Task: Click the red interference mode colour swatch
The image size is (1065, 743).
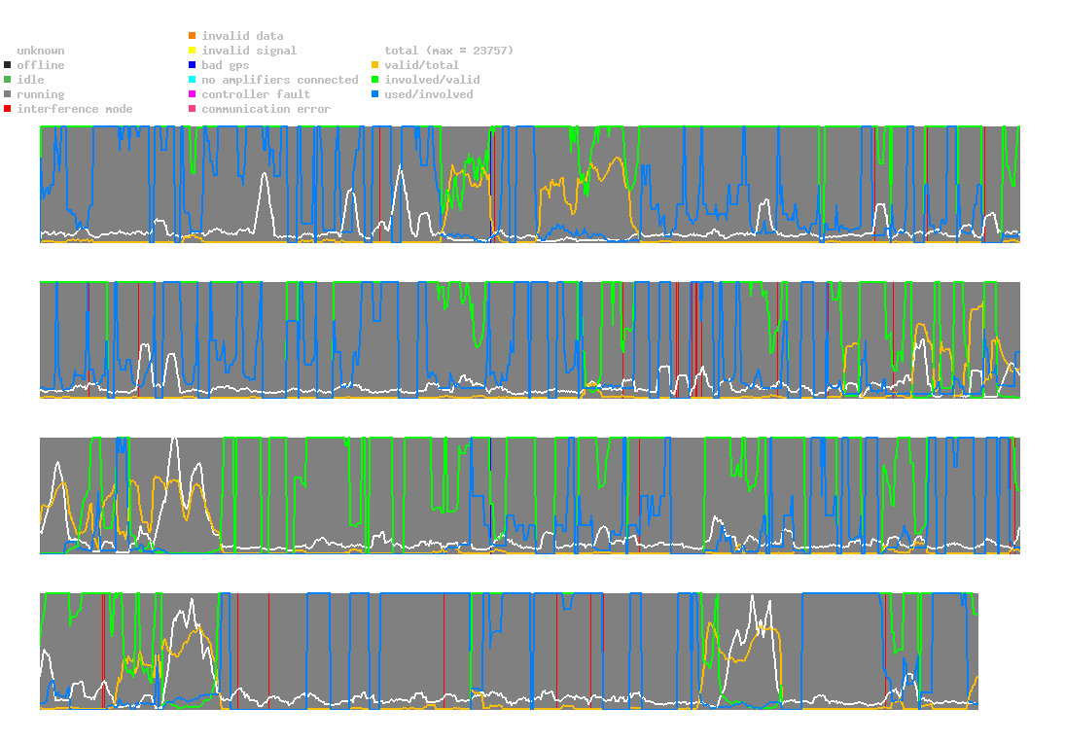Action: click(8, 109)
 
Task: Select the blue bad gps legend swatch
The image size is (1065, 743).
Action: click(193, 65)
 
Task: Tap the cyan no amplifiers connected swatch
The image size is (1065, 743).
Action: click(193, 80)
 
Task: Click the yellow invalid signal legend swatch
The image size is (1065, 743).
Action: click(193, 51)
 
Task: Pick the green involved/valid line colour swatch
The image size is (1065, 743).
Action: click(375, 80)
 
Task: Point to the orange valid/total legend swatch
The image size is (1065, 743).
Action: click(375, 65)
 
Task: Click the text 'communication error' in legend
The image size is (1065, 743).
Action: click(266, 109)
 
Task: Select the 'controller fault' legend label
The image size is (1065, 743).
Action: click(256, 94)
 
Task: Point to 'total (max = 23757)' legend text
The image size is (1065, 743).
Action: click(448, 51)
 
